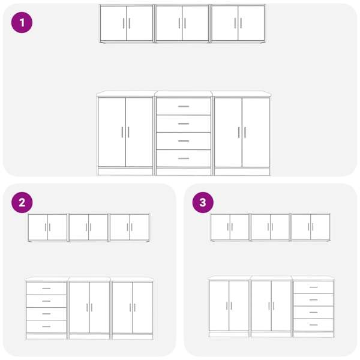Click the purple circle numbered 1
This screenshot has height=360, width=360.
click(x=22, y=23)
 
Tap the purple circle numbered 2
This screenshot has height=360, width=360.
click(x=22, y=203)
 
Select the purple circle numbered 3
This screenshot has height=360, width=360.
click(x=203, y=203)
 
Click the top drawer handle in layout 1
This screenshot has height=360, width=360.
click(x=184, y=106)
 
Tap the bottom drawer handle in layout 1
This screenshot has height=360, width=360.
click(x=184, y=158)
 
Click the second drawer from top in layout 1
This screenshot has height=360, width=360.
click(x=184, y=124)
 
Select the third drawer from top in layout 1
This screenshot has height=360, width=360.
click(x=184, y=141)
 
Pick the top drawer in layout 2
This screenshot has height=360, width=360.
click(x=46, y=289)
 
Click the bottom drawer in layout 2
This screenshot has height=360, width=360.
click(x=46, y=326)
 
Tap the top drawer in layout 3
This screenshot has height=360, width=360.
click(x=313, y=287)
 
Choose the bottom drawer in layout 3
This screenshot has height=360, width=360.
click(x=313, y=325)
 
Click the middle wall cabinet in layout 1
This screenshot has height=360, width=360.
click(x=182, y=23)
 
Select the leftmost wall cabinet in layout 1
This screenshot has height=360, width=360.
click(x=127, y=23)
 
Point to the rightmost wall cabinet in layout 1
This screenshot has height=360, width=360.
click(x=238, y=23)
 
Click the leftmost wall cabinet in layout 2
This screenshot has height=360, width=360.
click(x=47, y=227)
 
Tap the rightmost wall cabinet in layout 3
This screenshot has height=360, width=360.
click(x=311, y=227)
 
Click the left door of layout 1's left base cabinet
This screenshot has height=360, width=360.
click(x=112, y=132)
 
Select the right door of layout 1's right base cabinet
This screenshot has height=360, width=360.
click(x=256, y=133)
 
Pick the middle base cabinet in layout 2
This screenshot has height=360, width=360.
click(x=89, y=308)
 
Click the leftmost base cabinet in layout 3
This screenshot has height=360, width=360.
click(x=229, y=307)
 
